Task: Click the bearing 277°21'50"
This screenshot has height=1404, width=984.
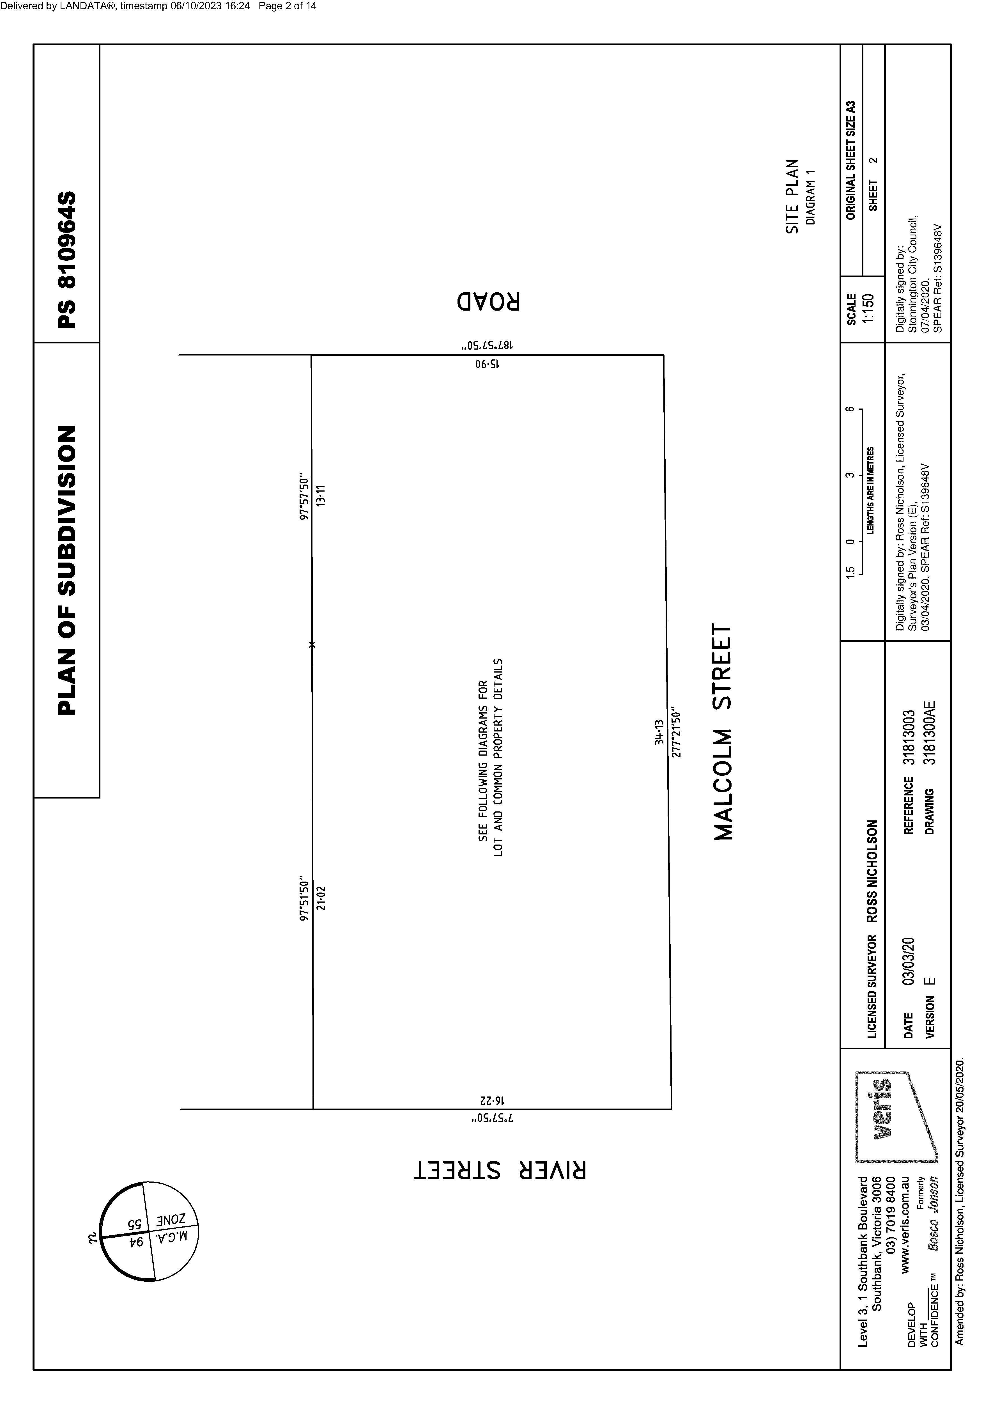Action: click(675, 741)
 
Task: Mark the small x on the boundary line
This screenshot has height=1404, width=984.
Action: click(312, 644)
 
